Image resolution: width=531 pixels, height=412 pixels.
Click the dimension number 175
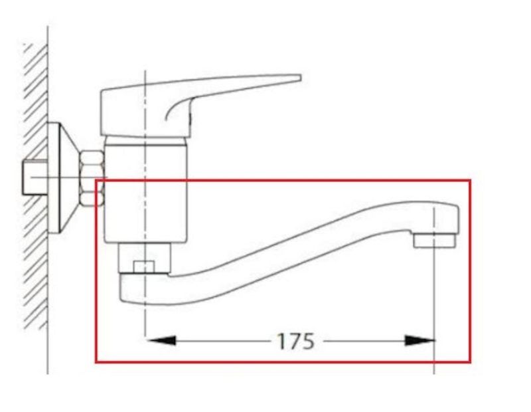point(295,341)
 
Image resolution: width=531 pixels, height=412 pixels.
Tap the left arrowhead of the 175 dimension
point(161,340)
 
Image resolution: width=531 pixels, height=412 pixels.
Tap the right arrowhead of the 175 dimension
point(419,340)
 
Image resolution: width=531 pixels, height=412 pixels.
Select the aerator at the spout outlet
point(434,240)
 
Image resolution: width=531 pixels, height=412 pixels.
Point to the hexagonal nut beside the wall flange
point(92,179)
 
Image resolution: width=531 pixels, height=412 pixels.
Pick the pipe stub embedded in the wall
point(35,177)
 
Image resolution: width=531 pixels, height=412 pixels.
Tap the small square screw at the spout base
point(144,267)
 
